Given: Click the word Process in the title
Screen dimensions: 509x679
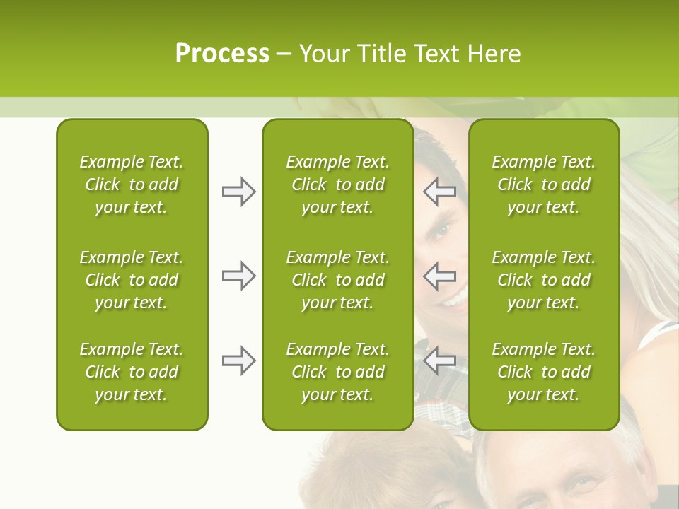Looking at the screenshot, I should [x=222, y=54].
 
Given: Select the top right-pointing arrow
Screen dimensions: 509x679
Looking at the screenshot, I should [x=238, y=192].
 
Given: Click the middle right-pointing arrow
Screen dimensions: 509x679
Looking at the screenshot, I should [x=238, y=276].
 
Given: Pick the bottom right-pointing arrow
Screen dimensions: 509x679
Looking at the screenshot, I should [x=238, y=361].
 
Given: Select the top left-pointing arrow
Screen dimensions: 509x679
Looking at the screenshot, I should [x=440, y=192].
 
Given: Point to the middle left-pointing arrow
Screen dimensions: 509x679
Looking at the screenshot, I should [x=440, y=276].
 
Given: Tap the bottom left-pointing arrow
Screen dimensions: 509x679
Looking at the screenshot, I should [x=440, y=361].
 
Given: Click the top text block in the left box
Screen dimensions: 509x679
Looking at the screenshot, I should [x=132, y=185].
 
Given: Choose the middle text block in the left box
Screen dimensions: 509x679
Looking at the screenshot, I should [x=132, y=280].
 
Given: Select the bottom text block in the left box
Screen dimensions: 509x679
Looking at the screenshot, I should [x=132, y=372].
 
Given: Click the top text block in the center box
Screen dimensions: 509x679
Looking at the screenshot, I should [x=337, y=185].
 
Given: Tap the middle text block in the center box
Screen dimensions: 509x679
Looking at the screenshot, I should [x=337, y=280].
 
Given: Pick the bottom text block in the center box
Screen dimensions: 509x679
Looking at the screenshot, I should [x=337, y=372].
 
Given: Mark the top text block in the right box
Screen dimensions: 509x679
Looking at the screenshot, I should [x=543, y=185].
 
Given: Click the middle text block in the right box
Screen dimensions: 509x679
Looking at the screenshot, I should [x=543, y=280].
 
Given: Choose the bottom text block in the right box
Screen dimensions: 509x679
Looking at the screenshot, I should [x=543, y=372].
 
